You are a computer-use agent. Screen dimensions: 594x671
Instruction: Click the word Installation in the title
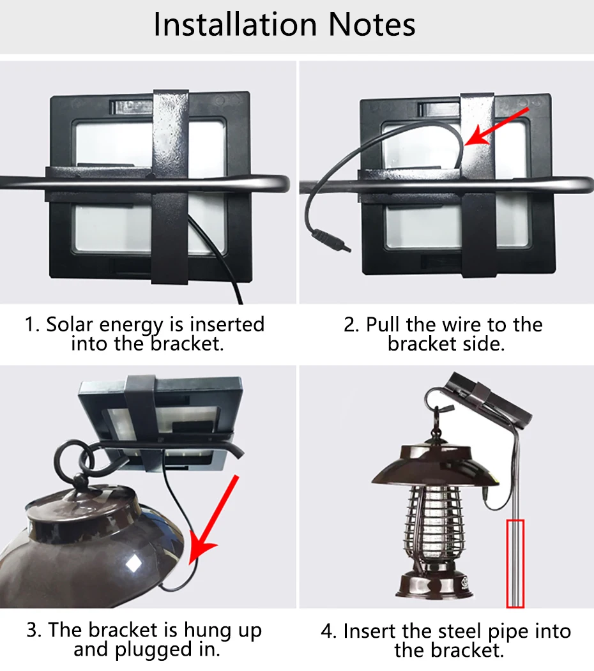235,24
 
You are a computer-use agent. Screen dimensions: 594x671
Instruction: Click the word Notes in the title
372,24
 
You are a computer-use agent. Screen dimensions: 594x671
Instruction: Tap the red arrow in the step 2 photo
497,126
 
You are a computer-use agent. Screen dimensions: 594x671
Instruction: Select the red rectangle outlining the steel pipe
515,563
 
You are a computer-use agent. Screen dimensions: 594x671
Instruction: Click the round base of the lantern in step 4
435,585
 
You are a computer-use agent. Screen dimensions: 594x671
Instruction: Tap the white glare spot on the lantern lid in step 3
133,564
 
